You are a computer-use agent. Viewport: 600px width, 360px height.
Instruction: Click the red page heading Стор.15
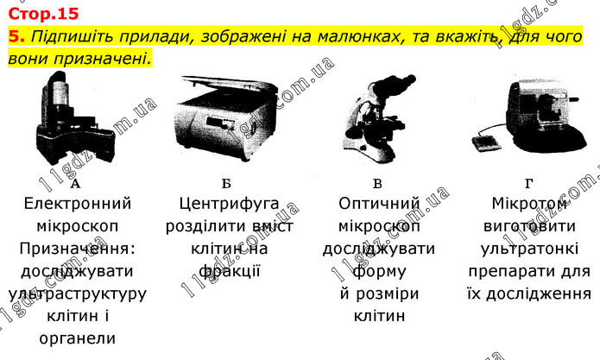click(x=43, y=14)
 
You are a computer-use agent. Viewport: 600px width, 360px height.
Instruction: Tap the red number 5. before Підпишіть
click(x=16, y=36)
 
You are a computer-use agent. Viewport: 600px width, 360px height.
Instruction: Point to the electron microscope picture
click(x=74, y=117)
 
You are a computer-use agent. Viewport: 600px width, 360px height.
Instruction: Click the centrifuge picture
click(x=226, y=117)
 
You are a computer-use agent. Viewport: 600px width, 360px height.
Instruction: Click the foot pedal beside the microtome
click(x=485, y=143)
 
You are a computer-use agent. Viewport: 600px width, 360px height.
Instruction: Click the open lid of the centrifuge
click(x=229, y=83)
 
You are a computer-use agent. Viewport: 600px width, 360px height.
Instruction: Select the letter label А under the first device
click(x=75, y=184)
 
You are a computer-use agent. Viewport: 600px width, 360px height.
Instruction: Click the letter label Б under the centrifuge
click(x=226, y=184)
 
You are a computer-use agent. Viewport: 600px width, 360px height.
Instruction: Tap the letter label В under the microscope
click(x=377, y=184)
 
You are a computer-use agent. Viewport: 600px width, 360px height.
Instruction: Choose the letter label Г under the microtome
click(x=528, y=184)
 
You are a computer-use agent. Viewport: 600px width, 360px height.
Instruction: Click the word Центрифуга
click(x=230, y=204)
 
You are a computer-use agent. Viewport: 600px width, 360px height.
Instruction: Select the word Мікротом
click(x=529, y=204)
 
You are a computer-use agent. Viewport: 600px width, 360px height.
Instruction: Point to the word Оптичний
click(x=379, y=204)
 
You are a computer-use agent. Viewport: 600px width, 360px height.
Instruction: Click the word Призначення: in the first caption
click(x=78, y=249)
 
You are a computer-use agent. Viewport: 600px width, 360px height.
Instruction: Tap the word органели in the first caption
click(x=78, y=339)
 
